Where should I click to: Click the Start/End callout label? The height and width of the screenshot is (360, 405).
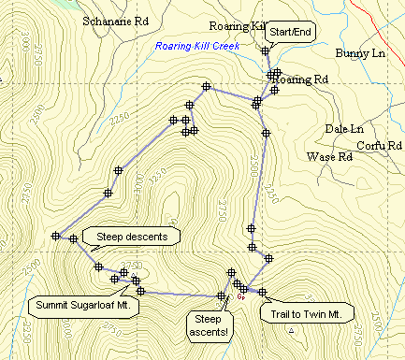pos(290,32)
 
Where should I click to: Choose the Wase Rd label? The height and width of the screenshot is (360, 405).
pos(329,157)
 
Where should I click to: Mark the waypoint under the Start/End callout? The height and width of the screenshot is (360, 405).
pos(266,51)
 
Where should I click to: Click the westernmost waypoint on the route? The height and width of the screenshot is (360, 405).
pos(56,236)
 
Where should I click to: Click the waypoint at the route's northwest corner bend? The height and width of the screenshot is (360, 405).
pos(205,87)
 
